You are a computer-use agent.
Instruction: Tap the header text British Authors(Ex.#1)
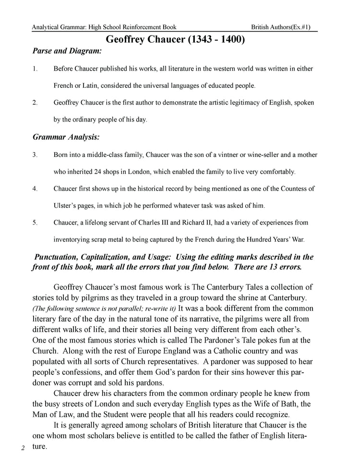[284, 26]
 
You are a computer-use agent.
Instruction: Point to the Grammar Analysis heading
[66, 137]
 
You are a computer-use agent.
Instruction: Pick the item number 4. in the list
[35, 189]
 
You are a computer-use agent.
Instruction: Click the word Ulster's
[65, 205]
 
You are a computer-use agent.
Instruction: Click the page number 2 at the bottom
[23, 448]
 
